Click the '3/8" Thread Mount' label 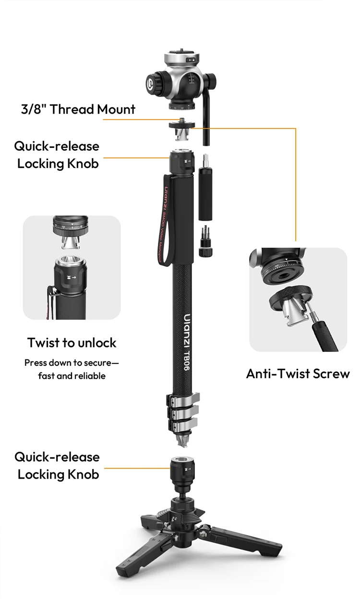coord(78,109)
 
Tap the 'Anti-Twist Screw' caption coord(298,373)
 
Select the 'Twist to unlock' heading coord(72,343)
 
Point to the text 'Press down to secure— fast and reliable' coord(72,369)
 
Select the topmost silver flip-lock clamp coord(182,399)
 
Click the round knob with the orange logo coord(156,87)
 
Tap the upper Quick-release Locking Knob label coord(58,155)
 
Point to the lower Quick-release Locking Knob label coord(58,466)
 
